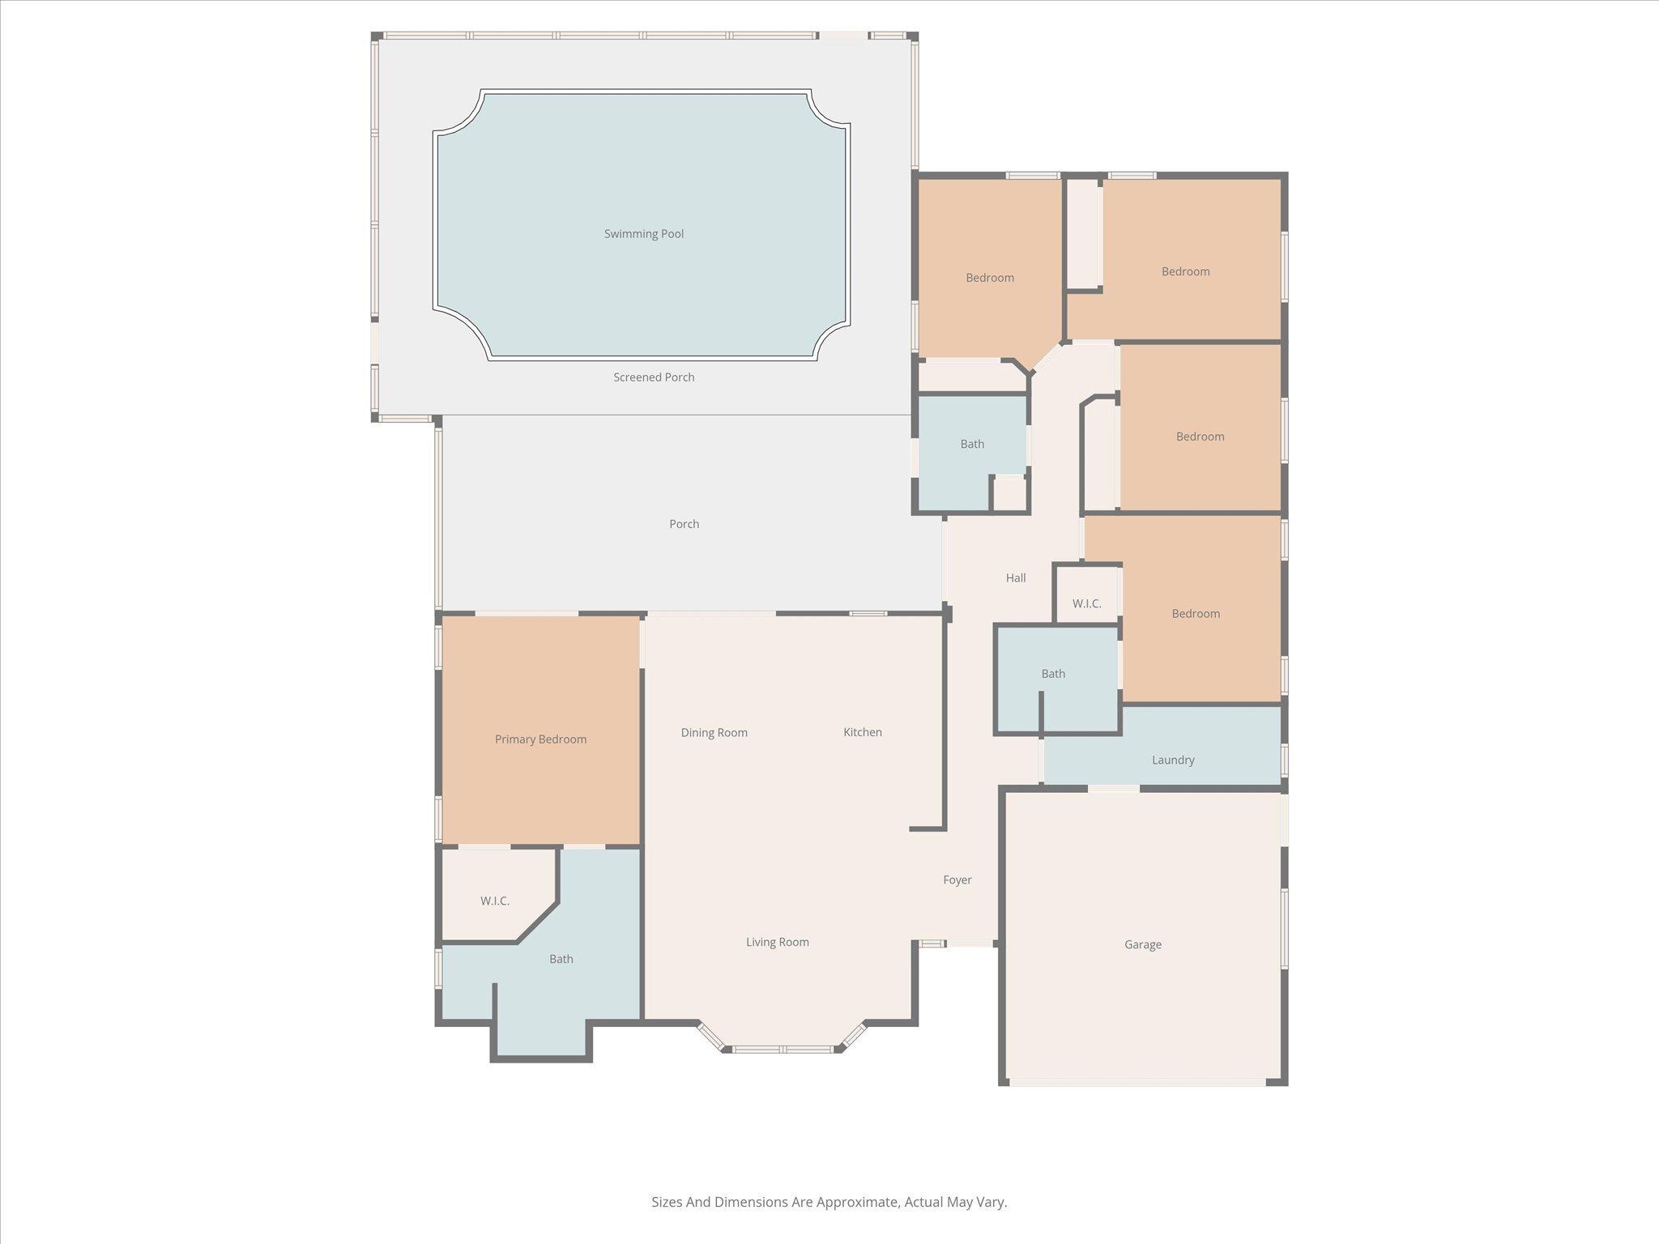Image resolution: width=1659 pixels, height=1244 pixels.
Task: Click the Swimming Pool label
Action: coord(643,234)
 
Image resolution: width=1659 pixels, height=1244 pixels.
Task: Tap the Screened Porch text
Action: coord(653,377)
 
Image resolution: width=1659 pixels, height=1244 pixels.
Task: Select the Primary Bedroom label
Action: coord(540,739)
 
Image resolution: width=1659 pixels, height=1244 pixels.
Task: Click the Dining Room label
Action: coord(714,733)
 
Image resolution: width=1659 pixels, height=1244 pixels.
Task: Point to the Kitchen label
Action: coord(862,732)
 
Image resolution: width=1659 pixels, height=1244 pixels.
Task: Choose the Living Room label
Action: coord(777,942)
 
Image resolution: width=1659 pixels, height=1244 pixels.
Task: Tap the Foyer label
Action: coord(957,880)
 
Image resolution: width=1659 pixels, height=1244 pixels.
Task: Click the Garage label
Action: coord(1142,944)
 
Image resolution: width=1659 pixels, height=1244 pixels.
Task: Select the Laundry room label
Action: coord(1172,760)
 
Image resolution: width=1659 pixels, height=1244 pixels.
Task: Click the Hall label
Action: coord(1015,578)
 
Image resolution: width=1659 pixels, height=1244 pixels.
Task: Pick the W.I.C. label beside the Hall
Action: coord(1086,604)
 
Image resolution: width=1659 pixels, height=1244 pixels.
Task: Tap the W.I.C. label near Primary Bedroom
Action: coord(494,901)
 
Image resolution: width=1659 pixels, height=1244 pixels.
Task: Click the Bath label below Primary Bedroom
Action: coord(561,959)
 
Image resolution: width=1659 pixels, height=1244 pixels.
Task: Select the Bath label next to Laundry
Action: coord(1052,674)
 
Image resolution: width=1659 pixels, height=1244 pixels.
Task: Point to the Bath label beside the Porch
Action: coord(971,444)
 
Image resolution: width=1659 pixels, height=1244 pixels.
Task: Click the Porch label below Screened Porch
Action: coord(684,524)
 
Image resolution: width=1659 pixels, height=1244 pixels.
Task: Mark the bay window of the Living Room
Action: coord(782,1049)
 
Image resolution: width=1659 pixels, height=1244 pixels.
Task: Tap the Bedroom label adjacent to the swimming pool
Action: coord(989,278)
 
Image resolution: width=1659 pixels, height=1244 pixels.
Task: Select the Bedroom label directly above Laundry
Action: coord(1195,614)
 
